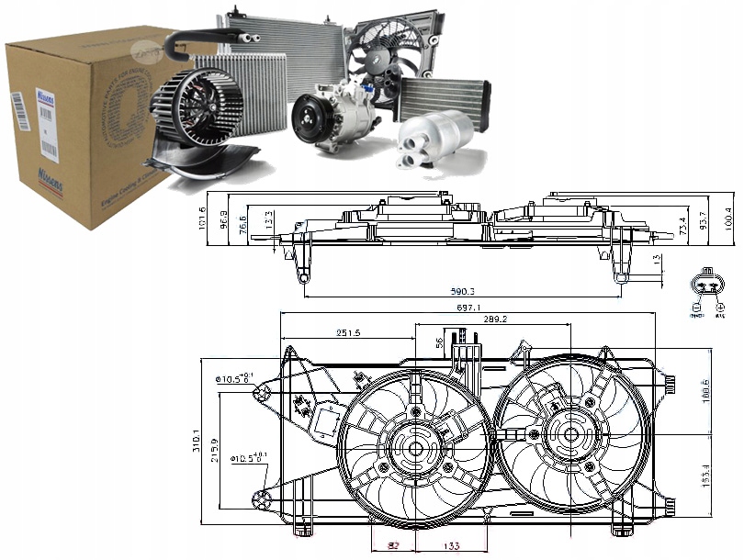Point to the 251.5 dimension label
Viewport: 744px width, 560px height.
point(348,332)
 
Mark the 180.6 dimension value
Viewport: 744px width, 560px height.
point(705,392)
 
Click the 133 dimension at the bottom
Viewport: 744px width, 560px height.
point(452,548)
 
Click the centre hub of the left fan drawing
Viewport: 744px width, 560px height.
point(413,449)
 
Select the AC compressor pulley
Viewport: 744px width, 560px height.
point(309,122)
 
